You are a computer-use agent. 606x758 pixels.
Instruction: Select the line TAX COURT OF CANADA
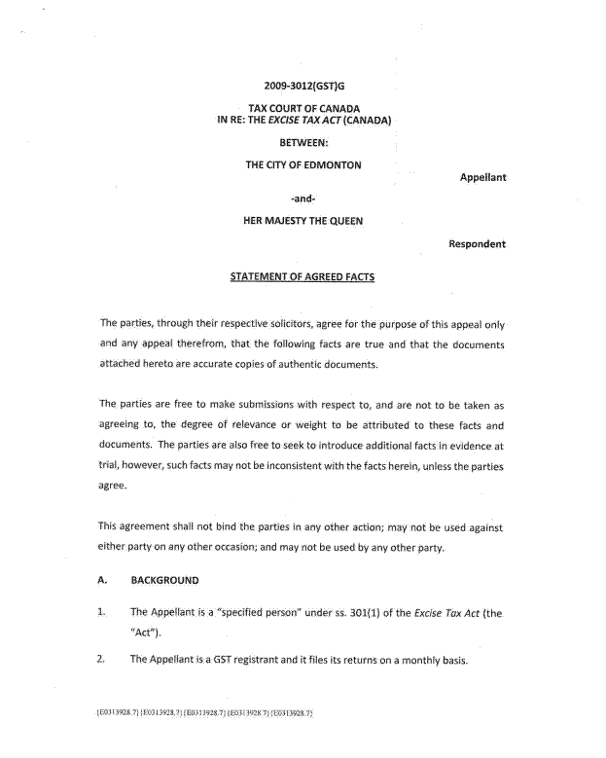coord(303,108)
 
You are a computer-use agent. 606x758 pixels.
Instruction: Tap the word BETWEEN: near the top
coord(303,142)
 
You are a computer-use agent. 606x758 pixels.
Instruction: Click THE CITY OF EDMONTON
coord(303,165)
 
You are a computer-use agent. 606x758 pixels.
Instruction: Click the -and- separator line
coord(303,199)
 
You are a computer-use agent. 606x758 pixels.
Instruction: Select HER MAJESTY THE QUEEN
coord(303,221)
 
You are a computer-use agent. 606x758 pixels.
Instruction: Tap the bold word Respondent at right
coord(477,244)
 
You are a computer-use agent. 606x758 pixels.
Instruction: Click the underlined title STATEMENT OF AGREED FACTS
coord(303,276)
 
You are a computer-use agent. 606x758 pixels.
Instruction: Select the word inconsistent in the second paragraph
coord(284,466)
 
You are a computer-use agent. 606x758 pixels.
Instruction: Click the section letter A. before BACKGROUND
coord(102,581)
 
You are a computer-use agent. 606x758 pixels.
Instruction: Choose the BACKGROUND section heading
coord(164,581)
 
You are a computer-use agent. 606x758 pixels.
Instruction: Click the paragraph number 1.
coord(101,613)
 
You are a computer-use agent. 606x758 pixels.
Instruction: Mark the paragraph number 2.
coord(101,660)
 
